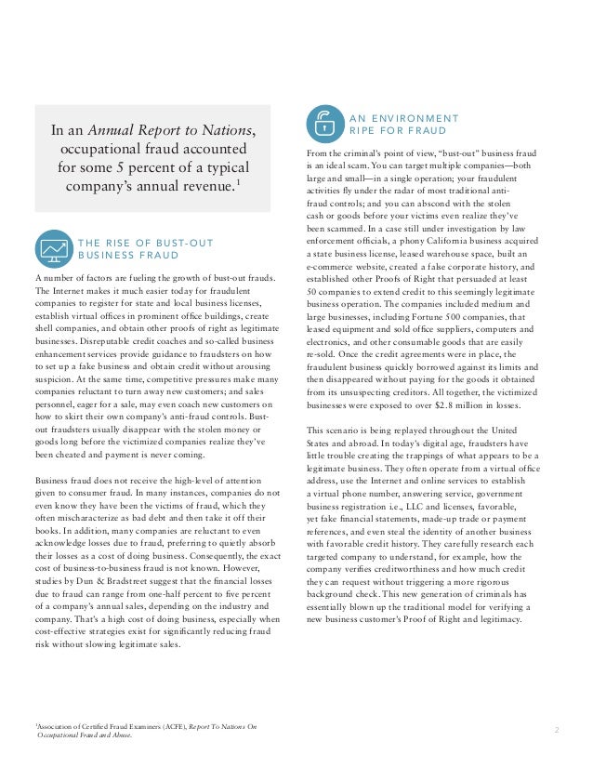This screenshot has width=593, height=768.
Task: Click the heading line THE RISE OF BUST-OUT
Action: coord(145,244)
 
